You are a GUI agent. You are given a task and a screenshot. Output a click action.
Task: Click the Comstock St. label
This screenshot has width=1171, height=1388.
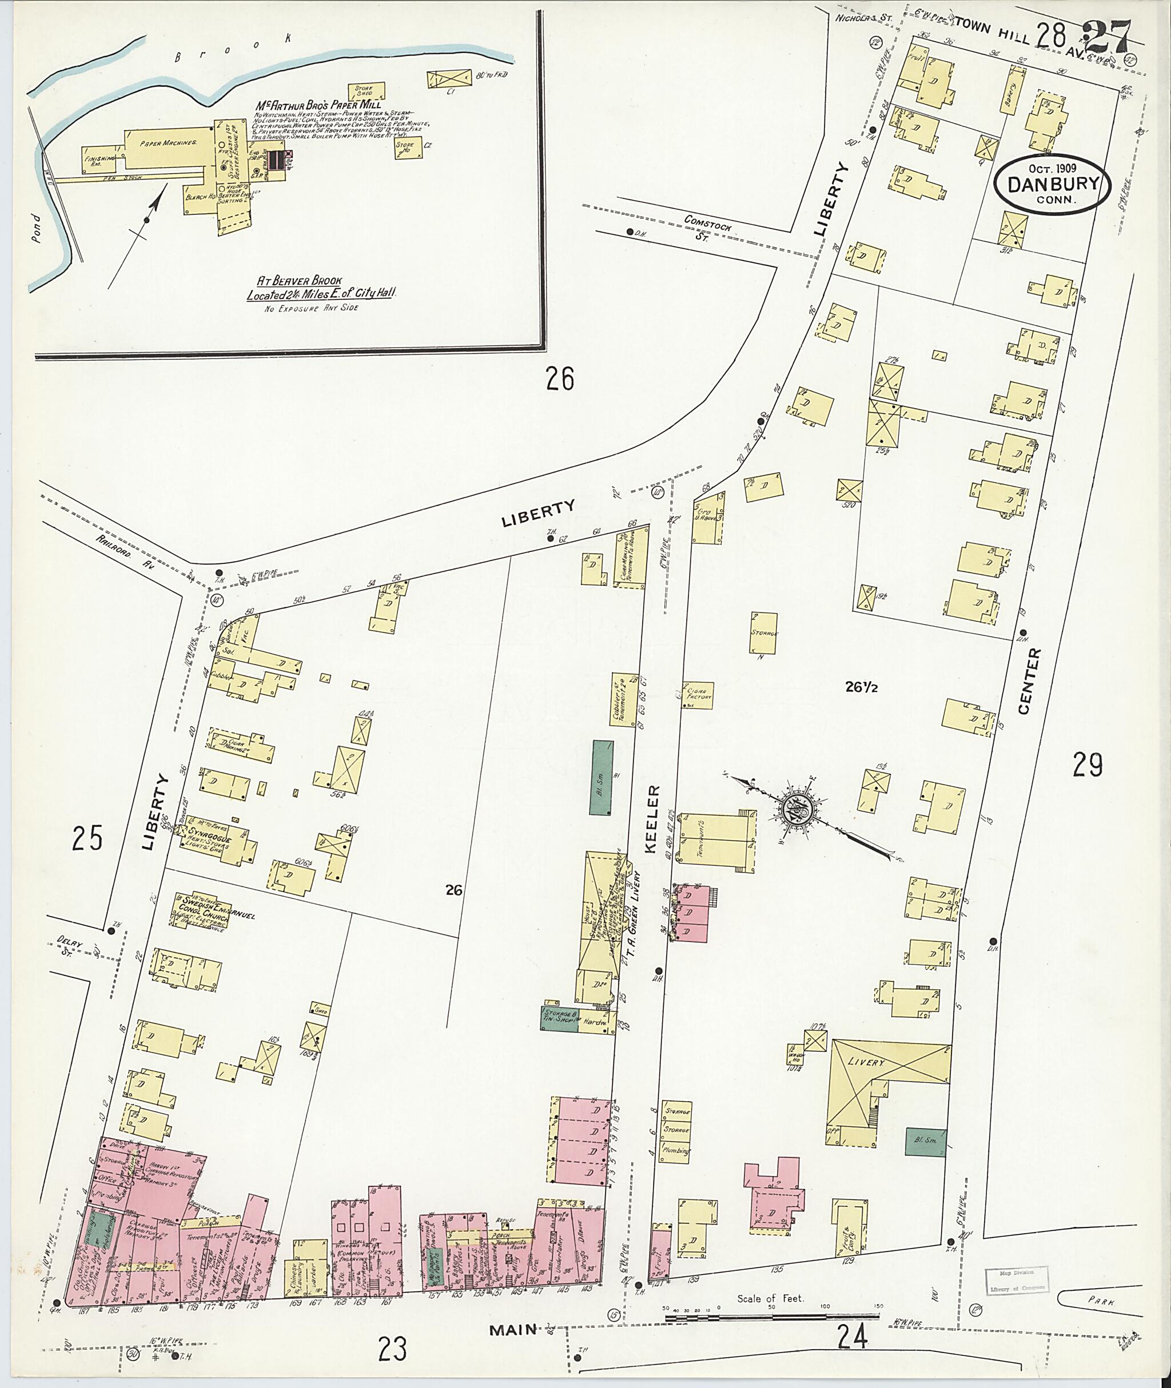click(709, 230)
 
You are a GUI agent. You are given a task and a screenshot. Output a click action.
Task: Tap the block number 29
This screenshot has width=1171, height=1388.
click(1088, 765)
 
